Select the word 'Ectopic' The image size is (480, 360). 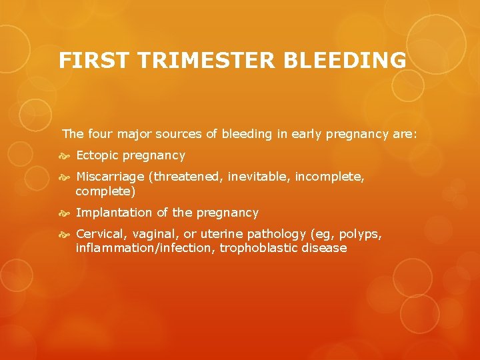tap(97, 155)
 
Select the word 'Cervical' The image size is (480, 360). tap(101, 234)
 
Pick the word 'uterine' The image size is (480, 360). tap(223, 234)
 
